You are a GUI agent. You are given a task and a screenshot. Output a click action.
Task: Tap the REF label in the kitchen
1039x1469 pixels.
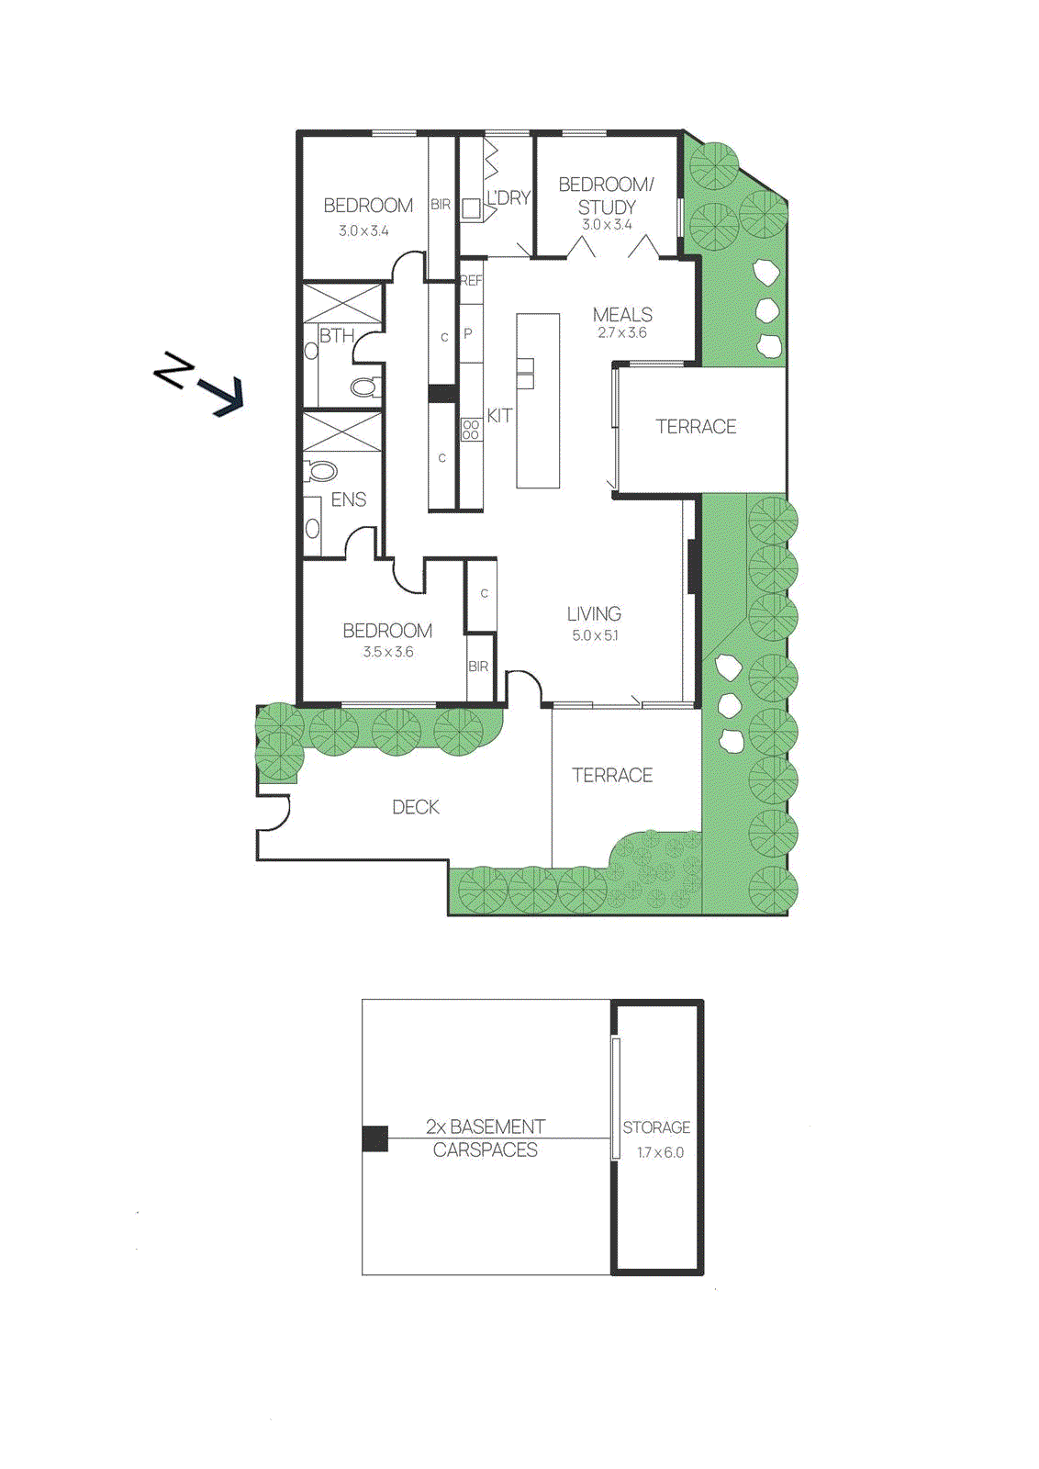point(471,281)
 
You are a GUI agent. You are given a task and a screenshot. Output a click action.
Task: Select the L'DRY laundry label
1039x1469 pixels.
point(508,197)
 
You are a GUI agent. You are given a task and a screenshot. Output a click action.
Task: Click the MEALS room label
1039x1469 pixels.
point(622,315)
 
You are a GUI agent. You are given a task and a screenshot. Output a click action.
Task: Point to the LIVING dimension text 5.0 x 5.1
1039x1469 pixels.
point(595,635)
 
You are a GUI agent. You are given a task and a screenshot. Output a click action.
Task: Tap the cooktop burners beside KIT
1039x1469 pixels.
point(471,430)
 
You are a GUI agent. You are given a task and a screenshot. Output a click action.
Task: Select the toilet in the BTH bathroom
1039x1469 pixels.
point(365,387)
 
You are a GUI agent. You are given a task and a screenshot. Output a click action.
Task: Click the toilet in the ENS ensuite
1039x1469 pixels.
point(322,472)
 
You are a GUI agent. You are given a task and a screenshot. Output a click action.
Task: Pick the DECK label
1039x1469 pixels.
point(416,807)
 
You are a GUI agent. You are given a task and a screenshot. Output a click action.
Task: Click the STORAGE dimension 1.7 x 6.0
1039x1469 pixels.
point(660,1152)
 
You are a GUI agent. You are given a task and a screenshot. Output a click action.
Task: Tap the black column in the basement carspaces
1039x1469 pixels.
point(374,1138)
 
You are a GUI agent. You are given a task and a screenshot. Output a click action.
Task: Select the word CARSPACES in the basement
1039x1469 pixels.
point(485,1150)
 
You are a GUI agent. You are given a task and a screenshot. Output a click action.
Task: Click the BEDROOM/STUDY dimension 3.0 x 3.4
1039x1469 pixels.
point(607,225)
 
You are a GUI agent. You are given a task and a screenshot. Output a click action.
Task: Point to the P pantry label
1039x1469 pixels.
point(468,334)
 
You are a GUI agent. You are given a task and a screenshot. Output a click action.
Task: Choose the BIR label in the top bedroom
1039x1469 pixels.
point(441,205)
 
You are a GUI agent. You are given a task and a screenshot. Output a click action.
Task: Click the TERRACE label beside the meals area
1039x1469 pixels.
point(696,427)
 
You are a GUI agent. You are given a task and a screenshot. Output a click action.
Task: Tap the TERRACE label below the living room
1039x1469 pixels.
point(612,776)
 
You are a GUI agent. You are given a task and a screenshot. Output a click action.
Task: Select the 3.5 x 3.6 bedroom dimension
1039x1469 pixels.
point(387,652)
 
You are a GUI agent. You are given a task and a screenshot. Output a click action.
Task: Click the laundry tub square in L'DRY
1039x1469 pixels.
point(471,208)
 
